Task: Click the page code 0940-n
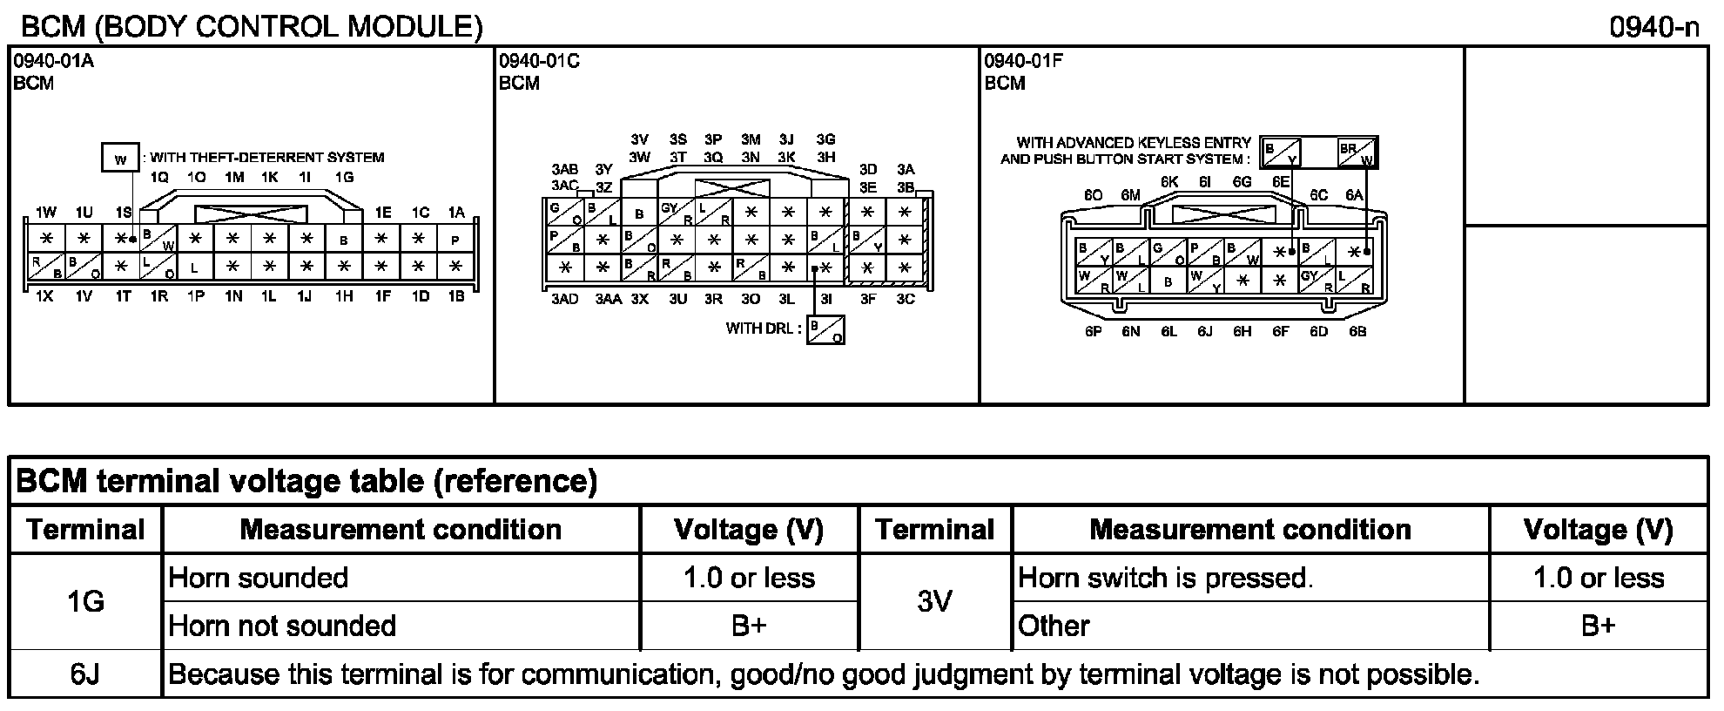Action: coord(1653,27)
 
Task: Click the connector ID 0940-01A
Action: coord(52,61)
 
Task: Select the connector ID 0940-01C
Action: coord(538,61)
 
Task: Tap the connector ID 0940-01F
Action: coord(1024,61)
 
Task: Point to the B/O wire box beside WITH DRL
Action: coord(825,330)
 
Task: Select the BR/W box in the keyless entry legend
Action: coord(1358,152)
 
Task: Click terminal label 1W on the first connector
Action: coord(45,212)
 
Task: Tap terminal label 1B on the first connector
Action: coord(455,296)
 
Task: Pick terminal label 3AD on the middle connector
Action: coord(564,300)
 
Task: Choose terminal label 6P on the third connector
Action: coord(1094,332)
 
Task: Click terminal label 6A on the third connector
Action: coord(1353,195)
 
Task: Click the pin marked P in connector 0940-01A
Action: coord(455,240)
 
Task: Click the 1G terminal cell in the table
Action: coord(85,601)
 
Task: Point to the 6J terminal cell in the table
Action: coord(85,674)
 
